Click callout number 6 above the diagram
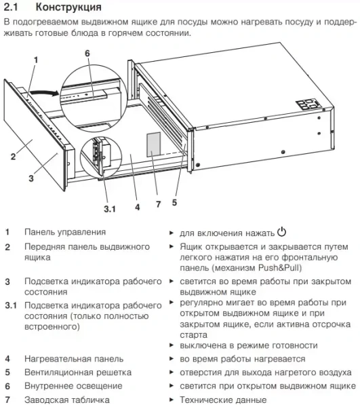pos(86,53)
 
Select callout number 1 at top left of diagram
pos(35,60)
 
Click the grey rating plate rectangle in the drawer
pos(154,144)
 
